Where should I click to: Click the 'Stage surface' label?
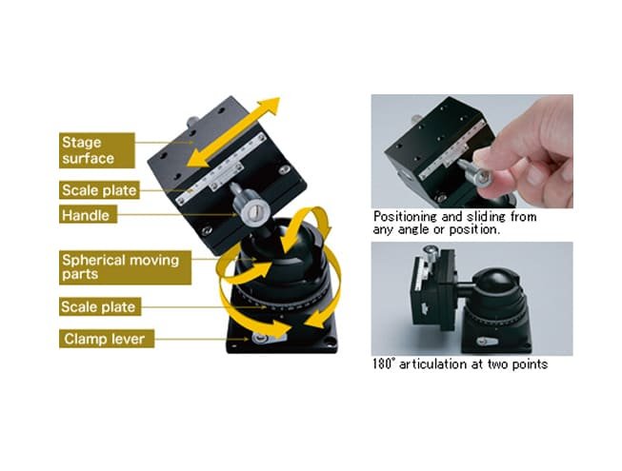coord(97,150)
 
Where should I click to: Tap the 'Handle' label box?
coord(88,214)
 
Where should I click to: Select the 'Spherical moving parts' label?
coord(125,267)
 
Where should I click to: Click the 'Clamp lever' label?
coord(107,339)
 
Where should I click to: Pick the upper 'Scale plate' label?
coord(99,190)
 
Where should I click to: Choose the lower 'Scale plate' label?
coord(100,306)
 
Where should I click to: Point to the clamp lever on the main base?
coord(268,338)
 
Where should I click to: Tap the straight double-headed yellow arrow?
coord(233,132)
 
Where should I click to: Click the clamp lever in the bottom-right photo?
coord(487,342)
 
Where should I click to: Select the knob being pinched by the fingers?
coord(477,173)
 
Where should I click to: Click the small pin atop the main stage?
coord(193,122)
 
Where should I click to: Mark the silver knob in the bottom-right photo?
coord(430,252)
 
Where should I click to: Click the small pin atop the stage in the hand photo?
coord(415,118)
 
